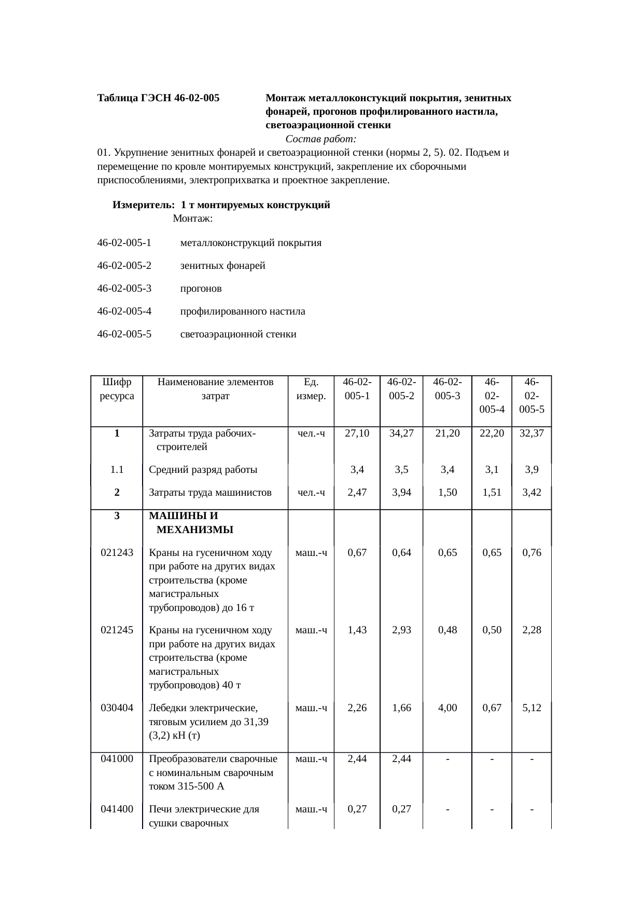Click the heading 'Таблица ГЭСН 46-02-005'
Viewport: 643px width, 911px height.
tap(158, 98)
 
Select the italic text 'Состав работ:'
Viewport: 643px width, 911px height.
tap(320, 139)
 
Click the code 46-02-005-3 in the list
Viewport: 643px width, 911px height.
tap(124, 288)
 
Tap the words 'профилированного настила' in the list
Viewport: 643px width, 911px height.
tap(242, 311)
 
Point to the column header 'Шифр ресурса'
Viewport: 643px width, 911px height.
tap(117, 389)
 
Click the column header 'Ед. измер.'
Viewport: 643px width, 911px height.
tap(311, 389)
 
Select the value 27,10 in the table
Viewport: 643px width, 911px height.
tap(357, 433)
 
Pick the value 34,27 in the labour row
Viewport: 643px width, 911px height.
tap(401, 433)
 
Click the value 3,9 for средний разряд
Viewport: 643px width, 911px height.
tap(532, 470)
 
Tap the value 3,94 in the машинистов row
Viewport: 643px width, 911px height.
tap(401, 492)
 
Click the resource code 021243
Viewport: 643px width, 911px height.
tap(117, 552)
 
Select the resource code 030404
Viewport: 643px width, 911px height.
tap(117, 708)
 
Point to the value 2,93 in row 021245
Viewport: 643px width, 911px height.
tap(401, 630)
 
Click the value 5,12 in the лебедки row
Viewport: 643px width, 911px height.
tap(532, 708)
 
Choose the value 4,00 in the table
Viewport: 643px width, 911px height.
tap(447, 708)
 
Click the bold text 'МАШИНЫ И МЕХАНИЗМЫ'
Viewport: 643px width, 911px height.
tap(191, 523)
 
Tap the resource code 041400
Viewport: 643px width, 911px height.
tap(117, 809)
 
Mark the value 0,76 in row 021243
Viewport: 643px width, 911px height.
tap(532, 552)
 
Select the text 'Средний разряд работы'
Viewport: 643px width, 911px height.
tap(203, 470)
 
